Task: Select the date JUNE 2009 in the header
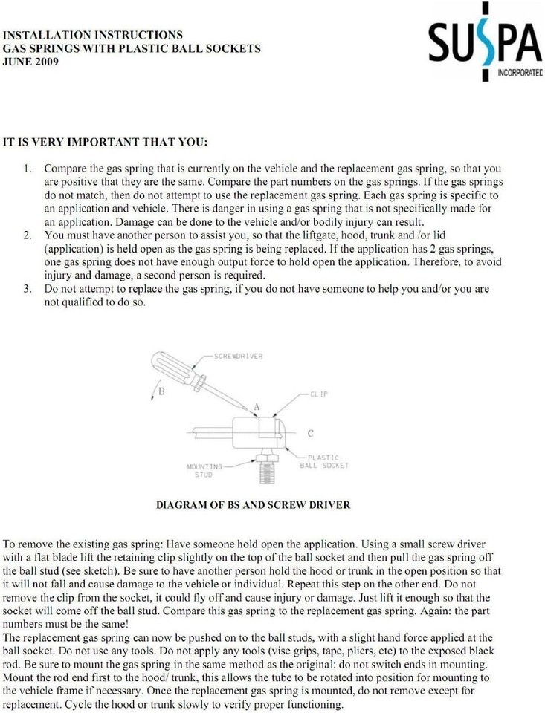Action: (31, 62)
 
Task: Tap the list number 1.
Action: (28, 169)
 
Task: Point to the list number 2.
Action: (28, 236)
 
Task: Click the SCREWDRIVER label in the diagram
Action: (239, 356)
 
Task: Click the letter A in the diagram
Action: (257, 406)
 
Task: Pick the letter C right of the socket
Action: (310, 433)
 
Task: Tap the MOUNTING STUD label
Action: (204, 470)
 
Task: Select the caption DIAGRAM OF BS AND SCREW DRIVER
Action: (253, 505)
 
